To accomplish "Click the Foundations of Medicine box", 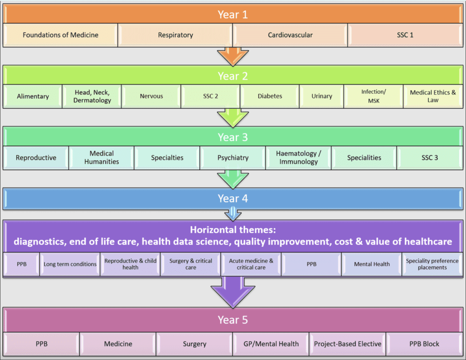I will click(61, 35).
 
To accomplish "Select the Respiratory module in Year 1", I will click(175, 35).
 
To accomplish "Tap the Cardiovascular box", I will click(290, 35).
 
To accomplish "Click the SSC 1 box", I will click(405, 35).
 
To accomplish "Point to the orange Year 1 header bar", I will click(233, 14).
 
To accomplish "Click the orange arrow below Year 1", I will click(233, 56).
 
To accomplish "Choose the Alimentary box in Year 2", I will click(33, 96).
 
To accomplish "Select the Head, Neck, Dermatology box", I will click(92, 96).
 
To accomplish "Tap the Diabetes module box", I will click(270, 96).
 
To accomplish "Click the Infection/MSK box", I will click(373, 96).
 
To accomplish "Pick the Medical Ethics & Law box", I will click(433, 96).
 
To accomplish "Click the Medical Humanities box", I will click(101, 158).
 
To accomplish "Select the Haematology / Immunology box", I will click(299, 158).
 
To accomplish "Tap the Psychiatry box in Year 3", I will click(233, 158).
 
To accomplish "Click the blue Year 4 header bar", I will click(233, 199).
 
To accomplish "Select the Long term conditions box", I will click(70, 264).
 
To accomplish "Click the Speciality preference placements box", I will click(432, 264).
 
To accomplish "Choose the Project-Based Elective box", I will click(348, 344).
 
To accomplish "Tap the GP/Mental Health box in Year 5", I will click(271, 344).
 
